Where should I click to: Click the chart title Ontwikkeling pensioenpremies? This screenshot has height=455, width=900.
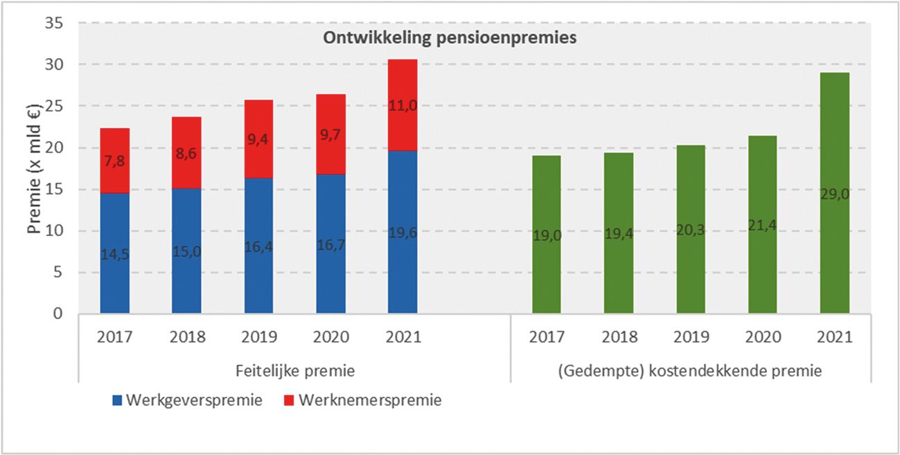450,38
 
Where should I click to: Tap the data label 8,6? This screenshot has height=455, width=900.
186,154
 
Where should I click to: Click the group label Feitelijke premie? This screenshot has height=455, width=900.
294,371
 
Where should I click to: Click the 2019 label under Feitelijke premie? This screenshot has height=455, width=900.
259,337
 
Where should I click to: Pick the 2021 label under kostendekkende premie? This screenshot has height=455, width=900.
835,337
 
